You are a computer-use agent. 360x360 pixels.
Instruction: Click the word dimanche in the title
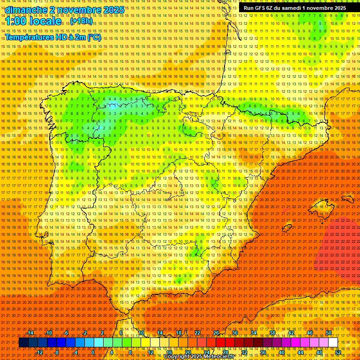click(26, 10)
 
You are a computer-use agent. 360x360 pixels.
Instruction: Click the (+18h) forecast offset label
click(81, 21)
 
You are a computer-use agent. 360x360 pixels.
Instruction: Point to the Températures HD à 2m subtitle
click(52, 37)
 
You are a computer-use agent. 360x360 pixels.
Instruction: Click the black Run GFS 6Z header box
click(295, 7)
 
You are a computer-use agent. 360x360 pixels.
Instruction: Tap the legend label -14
click(30, 333)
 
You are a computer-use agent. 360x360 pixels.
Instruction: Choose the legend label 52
click(338, 352)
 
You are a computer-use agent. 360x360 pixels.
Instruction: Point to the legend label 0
click(93, 352)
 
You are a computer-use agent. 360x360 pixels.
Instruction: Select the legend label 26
click(216, 333)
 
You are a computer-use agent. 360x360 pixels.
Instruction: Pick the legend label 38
click(272, 333)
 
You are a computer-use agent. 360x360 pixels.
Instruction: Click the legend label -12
click(39, 352)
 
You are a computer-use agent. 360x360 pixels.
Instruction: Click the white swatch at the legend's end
click(333, 343)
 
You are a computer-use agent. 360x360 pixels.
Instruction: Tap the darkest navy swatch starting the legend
click(23, 343)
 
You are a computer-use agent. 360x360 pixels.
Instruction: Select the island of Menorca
click(347, 199)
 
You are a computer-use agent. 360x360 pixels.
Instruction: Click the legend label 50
click(329, 333)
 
